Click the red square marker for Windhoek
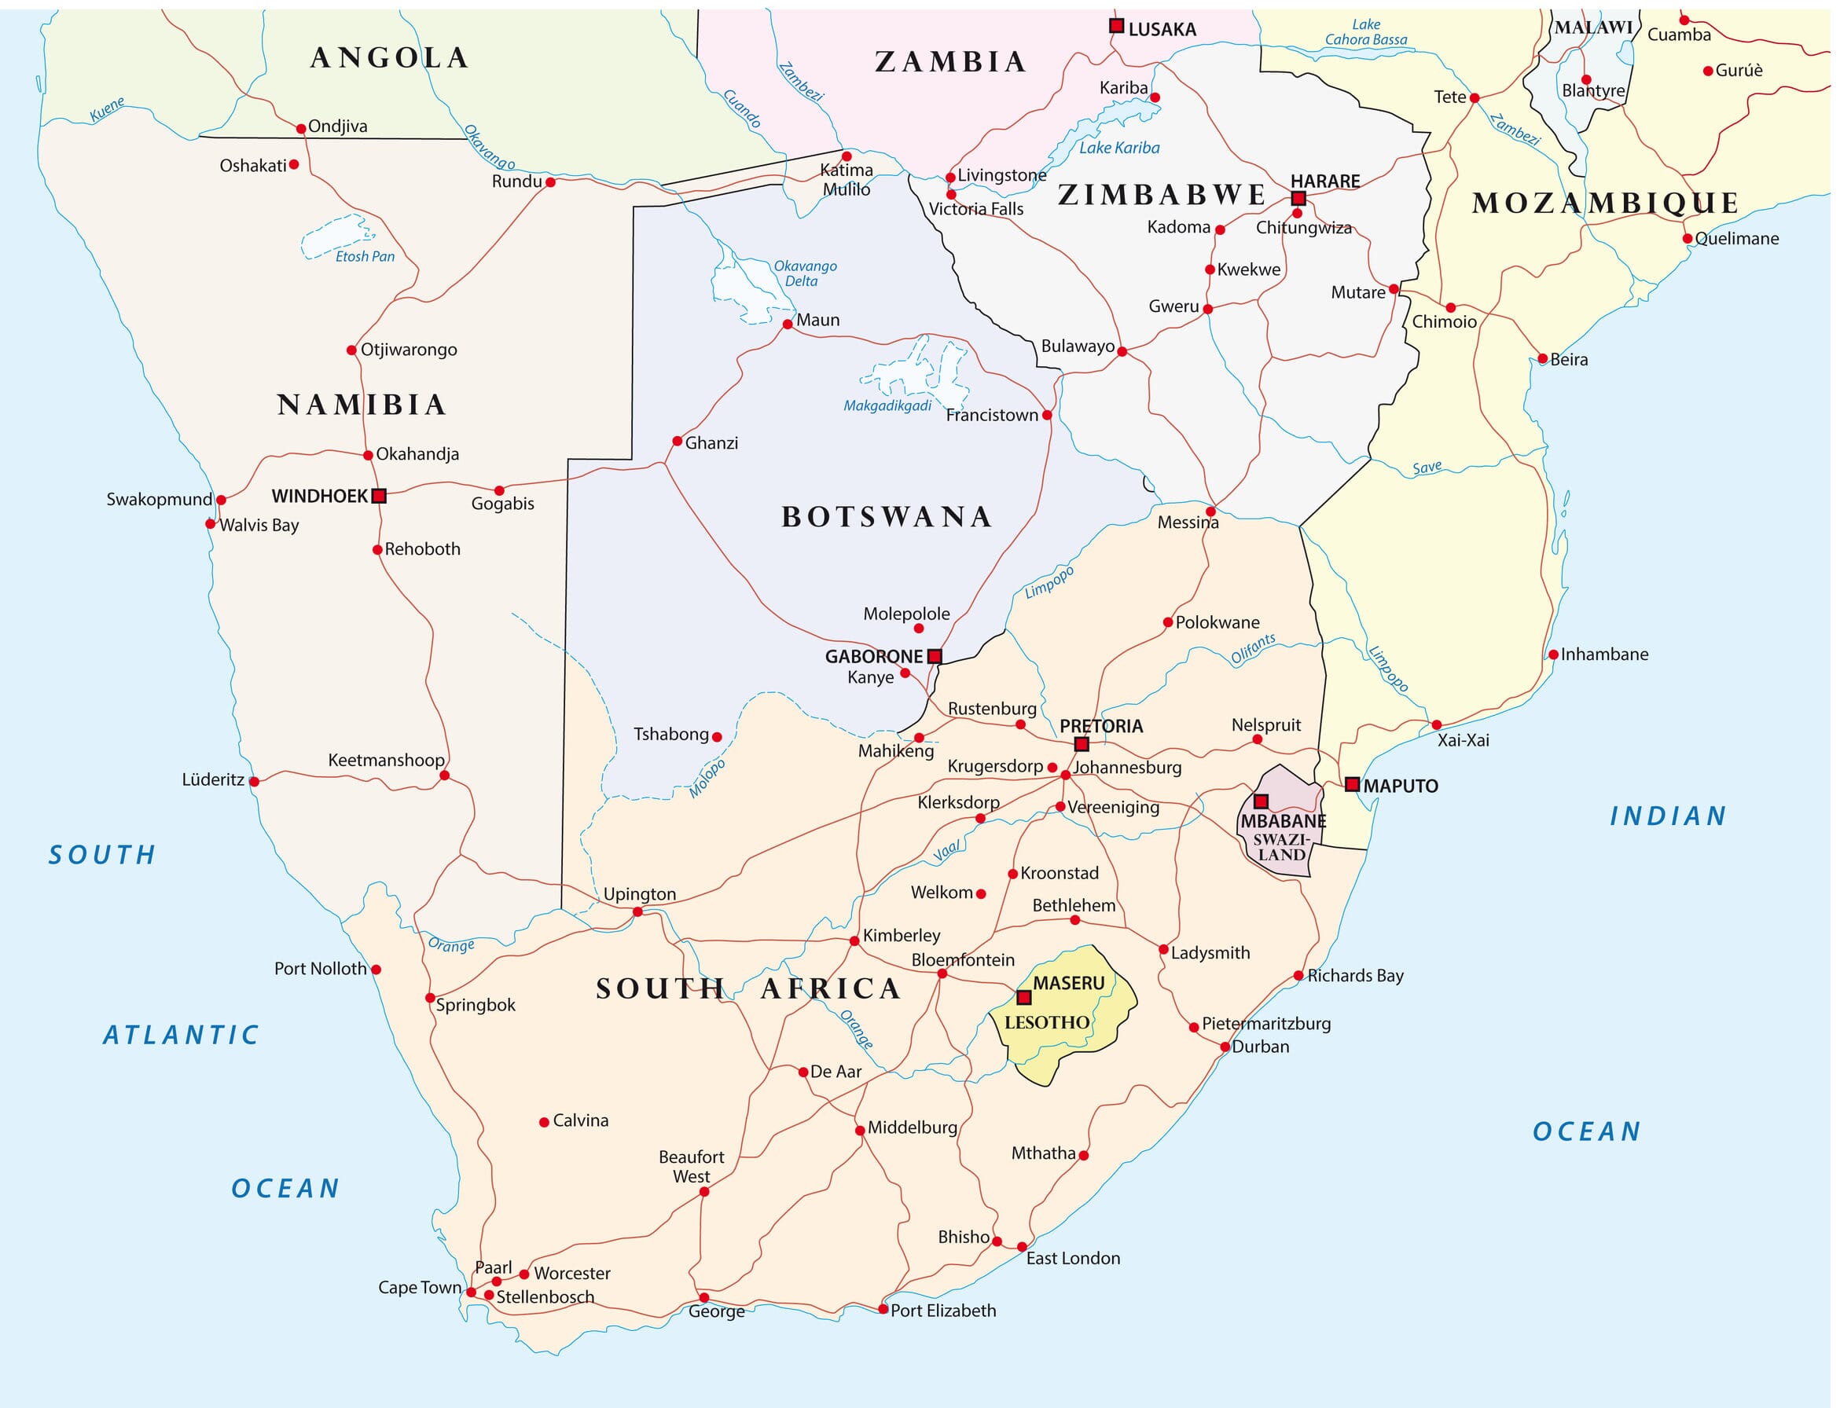[x=378, y=495]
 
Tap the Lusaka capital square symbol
[x=1116, y=26]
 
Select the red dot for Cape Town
[x=471, y=1292]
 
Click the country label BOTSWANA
[x=886, y=516]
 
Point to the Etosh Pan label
[x=365, y=256]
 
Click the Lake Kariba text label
[x=1119, y=148]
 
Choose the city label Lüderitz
[x=213, y=779]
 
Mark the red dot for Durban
[x=1225, y=1046]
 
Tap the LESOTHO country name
[x=1047, y=1021]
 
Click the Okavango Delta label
[x=804, y=273]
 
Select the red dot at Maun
[x=787, y=324]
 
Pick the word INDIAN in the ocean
[x=1667, y=816]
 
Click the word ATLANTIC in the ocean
[x=181, y=1035]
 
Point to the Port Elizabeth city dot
[x=883, y=1308]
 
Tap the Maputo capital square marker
[x=1351, y=784]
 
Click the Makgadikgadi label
[x=887, y=405]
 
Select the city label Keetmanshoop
[x=386, y=759]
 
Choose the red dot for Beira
[x=1542, y=359]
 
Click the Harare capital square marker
[x=1298, y=199]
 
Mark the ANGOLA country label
[x=389, y=57]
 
